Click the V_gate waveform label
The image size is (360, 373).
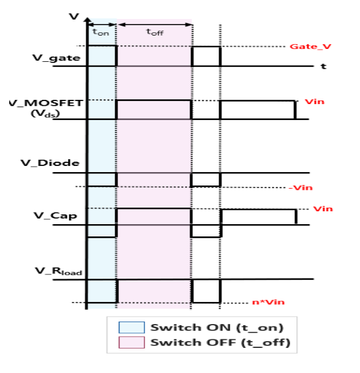[x=56, y=58]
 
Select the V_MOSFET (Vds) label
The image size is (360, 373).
[x=47, y=108]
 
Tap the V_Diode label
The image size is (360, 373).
[x=50, y=163]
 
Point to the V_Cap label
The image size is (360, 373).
[x=55, y=216]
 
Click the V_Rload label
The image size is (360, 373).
[x=59, y=271]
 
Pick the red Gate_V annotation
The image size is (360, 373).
[x=310, y=47]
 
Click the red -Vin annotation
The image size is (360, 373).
[x=301, y=187]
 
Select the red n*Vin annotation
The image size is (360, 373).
[x=268, y=302]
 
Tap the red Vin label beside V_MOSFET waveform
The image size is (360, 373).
[x=315, y=102]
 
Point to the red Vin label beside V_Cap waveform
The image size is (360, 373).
[x=323, y=209]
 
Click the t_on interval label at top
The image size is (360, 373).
[x=101, y=32]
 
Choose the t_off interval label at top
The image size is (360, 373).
[x=155, y=32]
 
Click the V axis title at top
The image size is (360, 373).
[x=73, y=17]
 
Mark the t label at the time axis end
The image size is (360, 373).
[x=323, y=66]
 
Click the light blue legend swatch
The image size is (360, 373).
[x=132, y=327]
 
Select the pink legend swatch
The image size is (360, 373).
[x=132, y=342]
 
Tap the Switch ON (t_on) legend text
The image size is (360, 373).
[x=217, y=328]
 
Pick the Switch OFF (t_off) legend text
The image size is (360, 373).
[x=220, y=342]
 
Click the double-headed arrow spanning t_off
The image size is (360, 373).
[x=155, y=24]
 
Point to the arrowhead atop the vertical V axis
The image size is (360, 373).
[x=88, y=20]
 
